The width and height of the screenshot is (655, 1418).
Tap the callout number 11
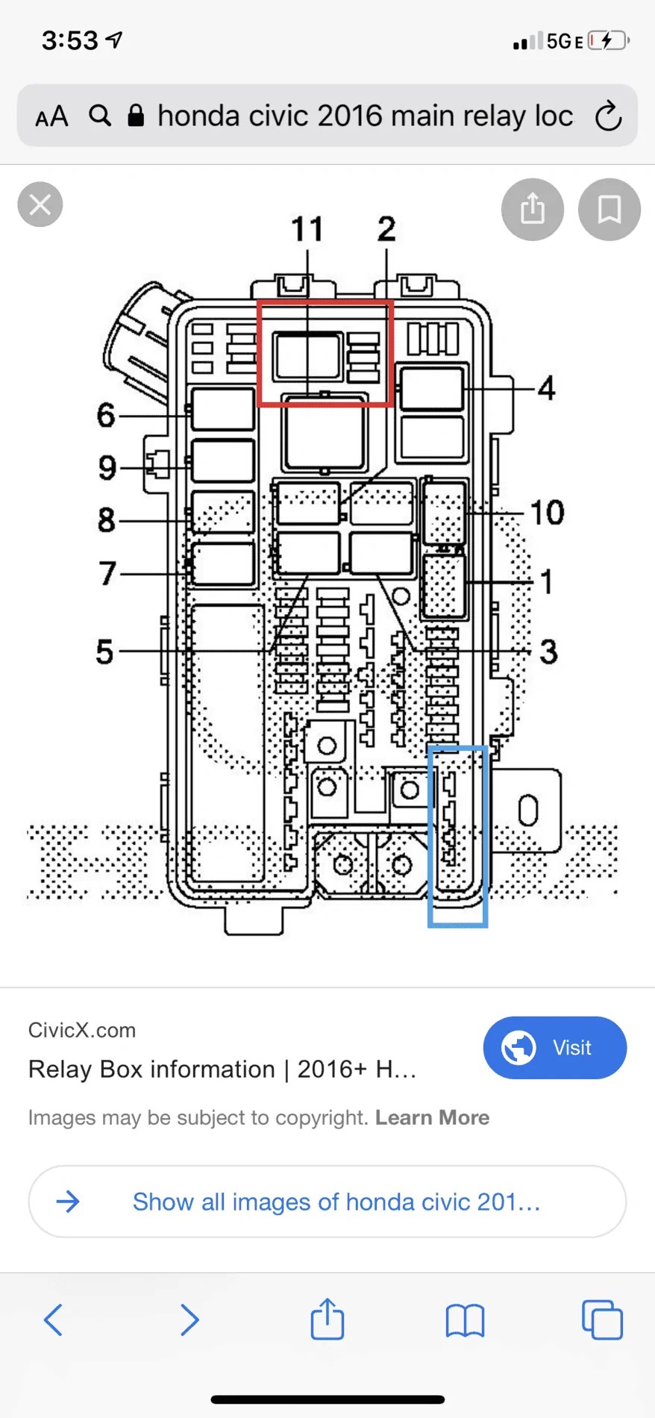(x=307, y=229)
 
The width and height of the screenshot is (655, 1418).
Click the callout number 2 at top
(x=386, y=229)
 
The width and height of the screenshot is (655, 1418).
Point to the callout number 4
(x=547, y=388)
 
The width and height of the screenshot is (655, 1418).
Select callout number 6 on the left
(x=106, y=415)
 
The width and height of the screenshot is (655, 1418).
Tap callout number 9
(x=107, y=468)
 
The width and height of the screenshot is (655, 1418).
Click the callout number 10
(x=547, y=513)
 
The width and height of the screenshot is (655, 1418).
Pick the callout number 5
(x=105, y=652)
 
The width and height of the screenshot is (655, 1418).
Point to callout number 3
(x=548, y=652)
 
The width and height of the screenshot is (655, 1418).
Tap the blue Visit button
(x=554, y=1047)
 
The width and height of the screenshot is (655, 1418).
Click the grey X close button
(x=40, y=204)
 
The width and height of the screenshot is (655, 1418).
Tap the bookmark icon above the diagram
(x=609, y=209)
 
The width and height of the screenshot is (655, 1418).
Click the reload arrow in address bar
(x=608, y=116)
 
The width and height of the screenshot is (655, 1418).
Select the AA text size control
(x=51, y=117)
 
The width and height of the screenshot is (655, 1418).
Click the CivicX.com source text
(x=82, y=1030)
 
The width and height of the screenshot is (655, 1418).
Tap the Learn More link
(x=432, y=1117)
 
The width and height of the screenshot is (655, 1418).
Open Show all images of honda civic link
(x=336, y=1202)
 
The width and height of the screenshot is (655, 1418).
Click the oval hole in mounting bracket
(x=528, y=810)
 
